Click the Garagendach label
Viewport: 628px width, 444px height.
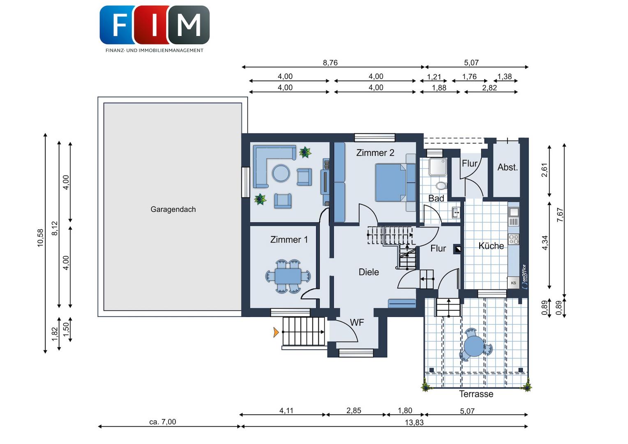click(173, 209)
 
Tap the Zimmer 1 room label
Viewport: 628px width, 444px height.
click(289, 240)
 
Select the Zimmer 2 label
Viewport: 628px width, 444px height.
click(375, 153)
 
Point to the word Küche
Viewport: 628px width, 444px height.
click(491, 246)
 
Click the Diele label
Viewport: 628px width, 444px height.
click(369, 272)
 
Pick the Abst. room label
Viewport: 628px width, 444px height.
click(508, 167)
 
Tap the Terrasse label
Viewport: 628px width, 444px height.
click(476, 394)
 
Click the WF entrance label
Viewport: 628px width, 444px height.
click(357, 323)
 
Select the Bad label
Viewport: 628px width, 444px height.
click(436, 198)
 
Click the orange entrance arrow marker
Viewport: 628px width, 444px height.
click(276, 332)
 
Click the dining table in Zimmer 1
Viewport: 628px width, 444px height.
click(288, 276)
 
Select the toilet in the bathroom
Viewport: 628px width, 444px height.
click(441, 186)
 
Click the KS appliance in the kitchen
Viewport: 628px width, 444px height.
click(513, 283)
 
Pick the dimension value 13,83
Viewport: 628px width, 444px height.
click(414, 422)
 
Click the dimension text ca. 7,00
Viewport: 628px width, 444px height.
click(163, 422)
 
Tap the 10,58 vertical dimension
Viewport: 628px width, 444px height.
click(41, 238)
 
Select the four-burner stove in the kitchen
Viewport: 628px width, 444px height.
click(514, 239)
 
